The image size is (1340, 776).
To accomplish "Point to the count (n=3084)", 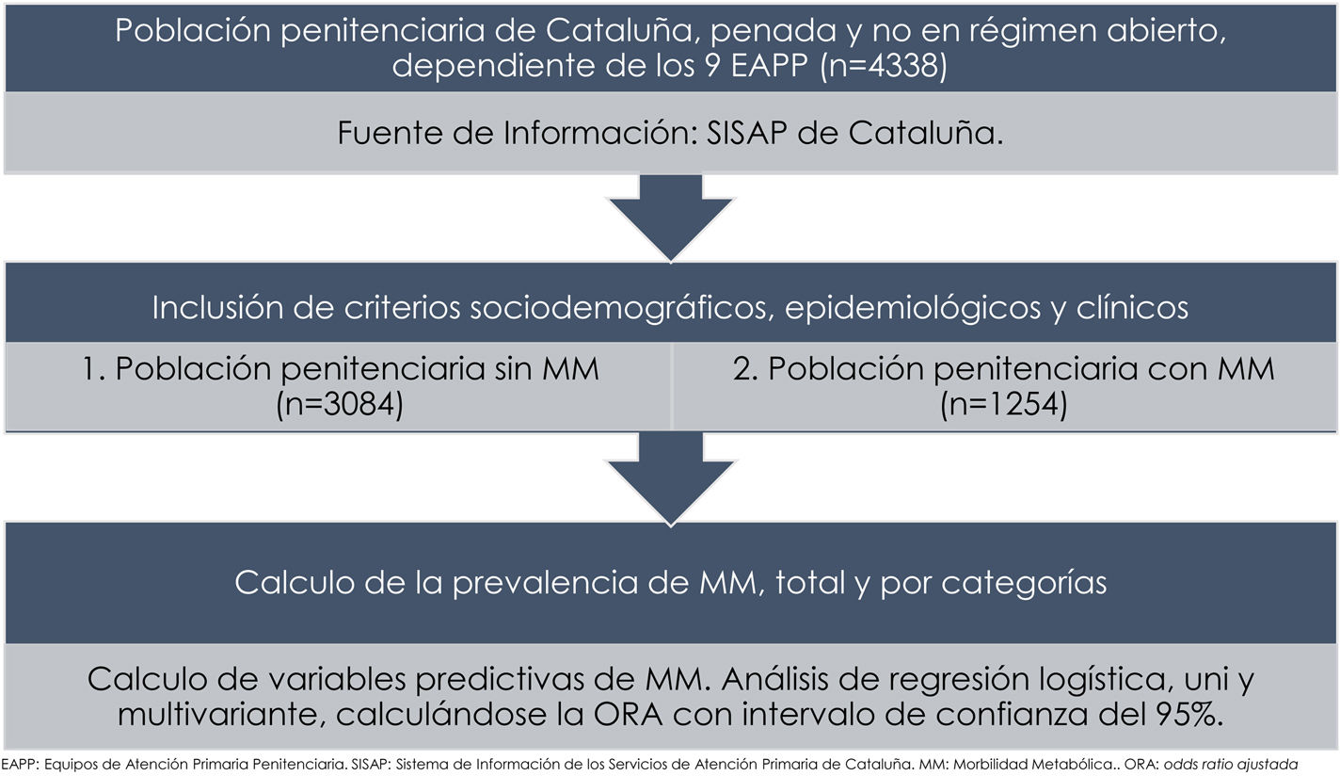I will point(340,407).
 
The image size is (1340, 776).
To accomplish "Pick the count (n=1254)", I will point(1003,407).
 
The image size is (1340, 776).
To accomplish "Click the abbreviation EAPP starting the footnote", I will point(21,763).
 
